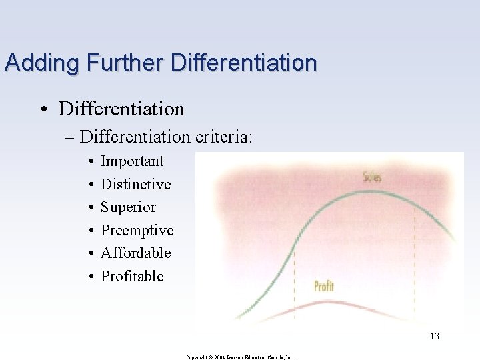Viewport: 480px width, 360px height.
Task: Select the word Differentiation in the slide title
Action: pos(244,63)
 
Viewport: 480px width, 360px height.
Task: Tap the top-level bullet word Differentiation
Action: pos(121,108)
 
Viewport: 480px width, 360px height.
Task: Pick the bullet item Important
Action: pos(132,161)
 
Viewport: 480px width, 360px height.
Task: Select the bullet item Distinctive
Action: pos(135,184)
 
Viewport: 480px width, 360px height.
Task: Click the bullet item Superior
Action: pos(128,207)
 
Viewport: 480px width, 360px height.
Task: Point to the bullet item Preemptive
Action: pos(137,231)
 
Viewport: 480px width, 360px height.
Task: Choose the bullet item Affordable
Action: pos(135,253)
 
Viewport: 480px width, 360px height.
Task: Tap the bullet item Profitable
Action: pos(132,276)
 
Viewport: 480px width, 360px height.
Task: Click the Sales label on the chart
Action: pos(372,177)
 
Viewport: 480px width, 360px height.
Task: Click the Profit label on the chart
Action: pos(323,287)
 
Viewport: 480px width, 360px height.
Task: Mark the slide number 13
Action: pos(434,336)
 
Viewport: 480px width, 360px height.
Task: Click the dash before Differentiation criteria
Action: pos(69,137)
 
